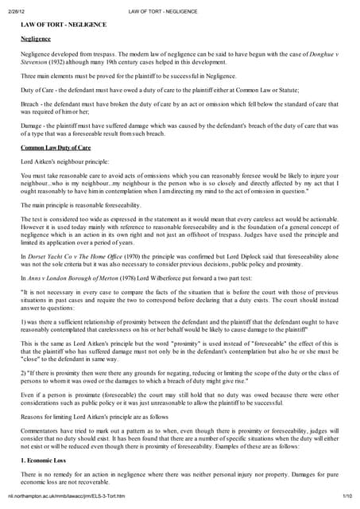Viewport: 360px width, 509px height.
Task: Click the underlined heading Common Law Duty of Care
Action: click(56, 147)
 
